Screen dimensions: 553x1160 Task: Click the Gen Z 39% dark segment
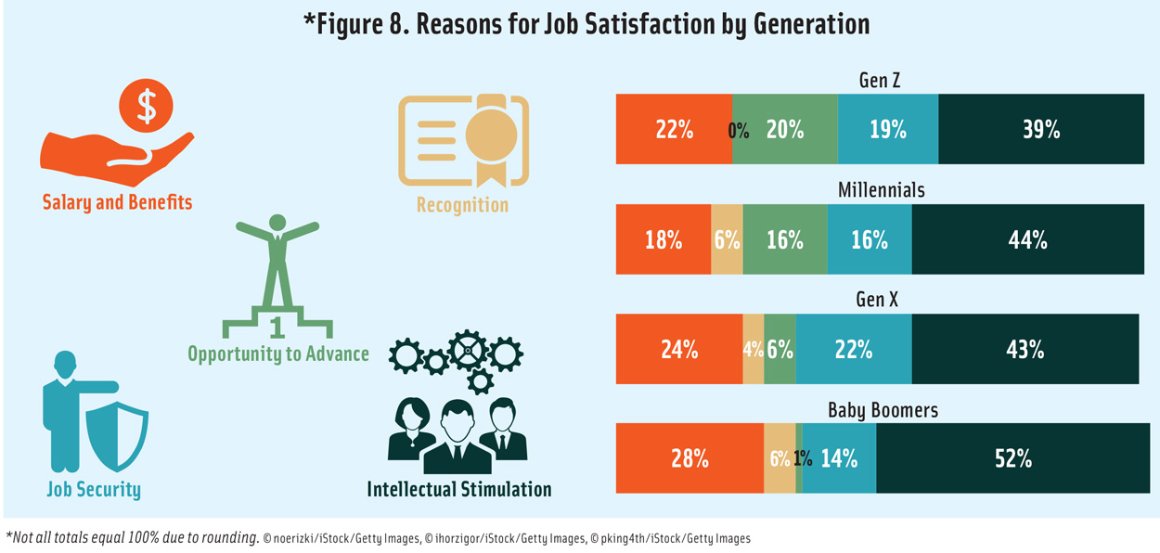point(1040,130)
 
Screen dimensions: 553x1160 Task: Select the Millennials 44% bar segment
point(1027,240)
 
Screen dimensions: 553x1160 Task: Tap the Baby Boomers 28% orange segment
point(690,458)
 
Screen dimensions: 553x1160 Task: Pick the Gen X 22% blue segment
point(853,350)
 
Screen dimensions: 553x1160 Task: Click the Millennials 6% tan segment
point(727,240)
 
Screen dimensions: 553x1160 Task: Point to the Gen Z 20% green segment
point(785,130)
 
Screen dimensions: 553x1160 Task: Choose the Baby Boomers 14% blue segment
point(840,458)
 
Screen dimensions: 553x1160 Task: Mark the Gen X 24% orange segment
point(679,350)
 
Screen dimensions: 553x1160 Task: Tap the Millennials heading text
point(881,190)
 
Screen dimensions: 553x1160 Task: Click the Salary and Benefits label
point(117,201)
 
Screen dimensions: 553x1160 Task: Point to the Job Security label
point(94,489)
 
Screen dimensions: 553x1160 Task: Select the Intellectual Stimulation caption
point(458,488)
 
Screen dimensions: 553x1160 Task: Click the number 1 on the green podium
point(277,327)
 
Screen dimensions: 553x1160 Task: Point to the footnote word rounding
point(227,537)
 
